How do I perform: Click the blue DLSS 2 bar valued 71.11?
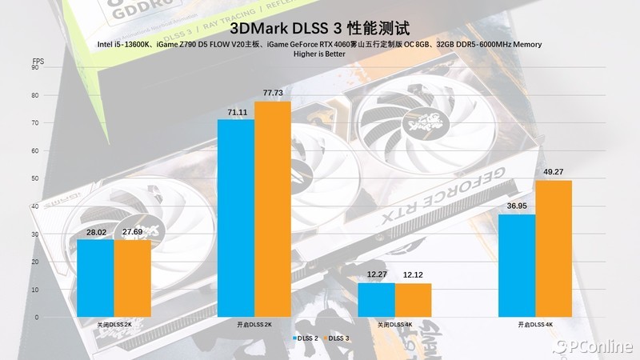tap(235, 218)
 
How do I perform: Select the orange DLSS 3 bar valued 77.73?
tap(273, 210)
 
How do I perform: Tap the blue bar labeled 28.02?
tap(95, 278)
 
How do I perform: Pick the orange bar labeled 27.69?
tap(132, 278)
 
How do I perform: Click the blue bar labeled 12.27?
tap(376, 300)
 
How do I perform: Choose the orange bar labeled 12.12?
tap(414, 300)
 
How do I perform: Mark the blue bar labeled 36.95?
tap(517, 266)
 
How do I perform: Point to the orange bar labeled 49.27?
tap(554, 249)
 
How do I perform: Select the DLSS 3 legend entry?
tap(336, 338)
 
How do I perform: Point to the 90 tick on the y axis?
tap(35, 68)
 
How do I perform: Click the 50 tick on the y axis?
tap(35, 179)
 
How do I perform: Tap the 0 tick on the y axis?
tap(35, 318)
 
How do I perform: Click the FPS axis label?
tap(38, 60)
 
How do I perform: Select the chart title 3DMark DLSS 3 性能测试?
tap(319, 26)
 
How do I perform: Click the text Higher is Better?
tap(319, 54)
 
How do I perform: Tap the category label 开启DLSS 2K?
tap(254, 325)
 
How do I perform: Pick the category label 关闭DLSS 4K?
tap(394, 325)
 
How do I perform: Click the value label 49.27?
tap(554, 171)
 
